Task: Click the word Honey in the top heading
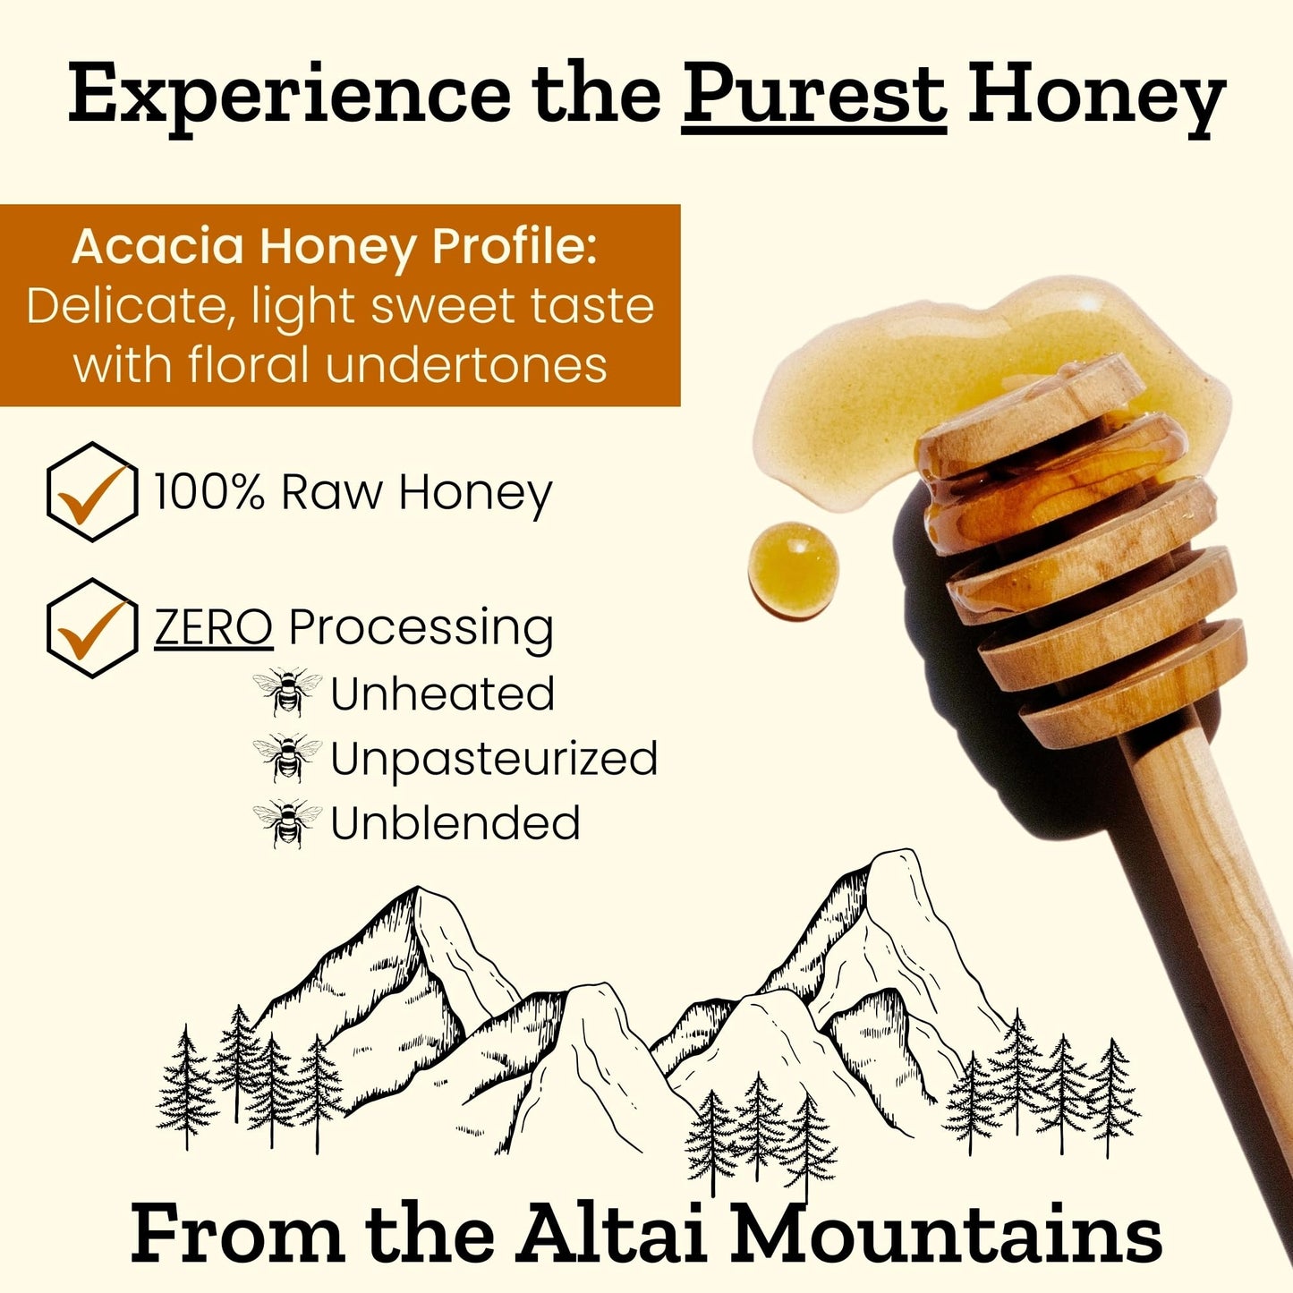[x=1096, y=97]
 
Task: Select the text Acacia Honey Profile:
[x=334, y=246]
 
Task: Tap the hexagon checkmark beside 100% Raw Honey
[x=91, y=492]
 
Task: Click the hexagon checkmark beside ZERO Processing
[x=91, y=627]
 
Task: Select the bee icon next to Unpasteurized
[x=287, y=757]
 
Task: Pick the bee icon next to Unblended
[x=287, y=823]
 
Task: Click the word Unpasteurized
[x=494, y=760]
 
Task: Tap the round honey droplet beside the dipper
[x=793, y=571]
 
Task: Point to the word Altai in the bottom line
[x=613, y=1235]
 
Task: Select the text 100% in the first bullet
[x=209, y=492]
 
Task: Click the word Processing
[x=421, y=629]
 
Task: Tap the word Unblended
[x=455, y=823]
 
